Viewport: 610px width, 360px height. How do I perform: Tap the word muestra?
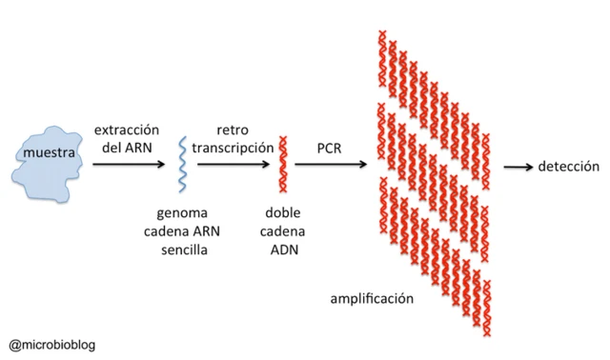(x=50, y=154)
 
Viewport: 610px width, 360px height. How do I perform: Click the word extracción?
(x=126, y=129)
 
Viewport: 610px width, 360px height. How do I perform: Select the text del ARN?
(x=126, y=147)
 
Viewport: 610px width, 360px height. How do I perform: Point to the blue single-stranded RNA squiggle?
(x=183, y=164)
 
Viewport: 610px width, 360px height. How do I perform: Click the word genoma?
(x=183, y=212)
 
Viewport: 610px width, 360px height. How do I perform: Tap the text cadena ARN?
(x=183, y=230)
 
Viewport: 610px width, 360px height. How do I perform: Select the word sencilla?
(x=183, y=249)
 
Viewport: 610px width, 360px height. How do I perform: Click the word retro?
(x=233, y=129)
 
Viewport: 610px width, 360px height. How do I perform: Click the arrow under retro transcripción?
(x=234, y=165)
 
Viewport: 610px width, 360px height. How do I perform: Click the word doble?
(x=282, y=212)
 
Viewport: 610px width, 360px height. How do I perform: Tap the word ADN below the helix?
(x=282, y=249)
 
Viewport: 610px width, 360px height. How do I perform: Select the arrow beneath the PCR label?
(x=331, y=165)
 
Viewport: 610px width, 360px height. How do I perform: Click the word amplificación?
(x=372, y=298)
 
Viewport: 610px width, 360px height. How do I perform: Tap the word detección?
(x=569, y=166)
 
